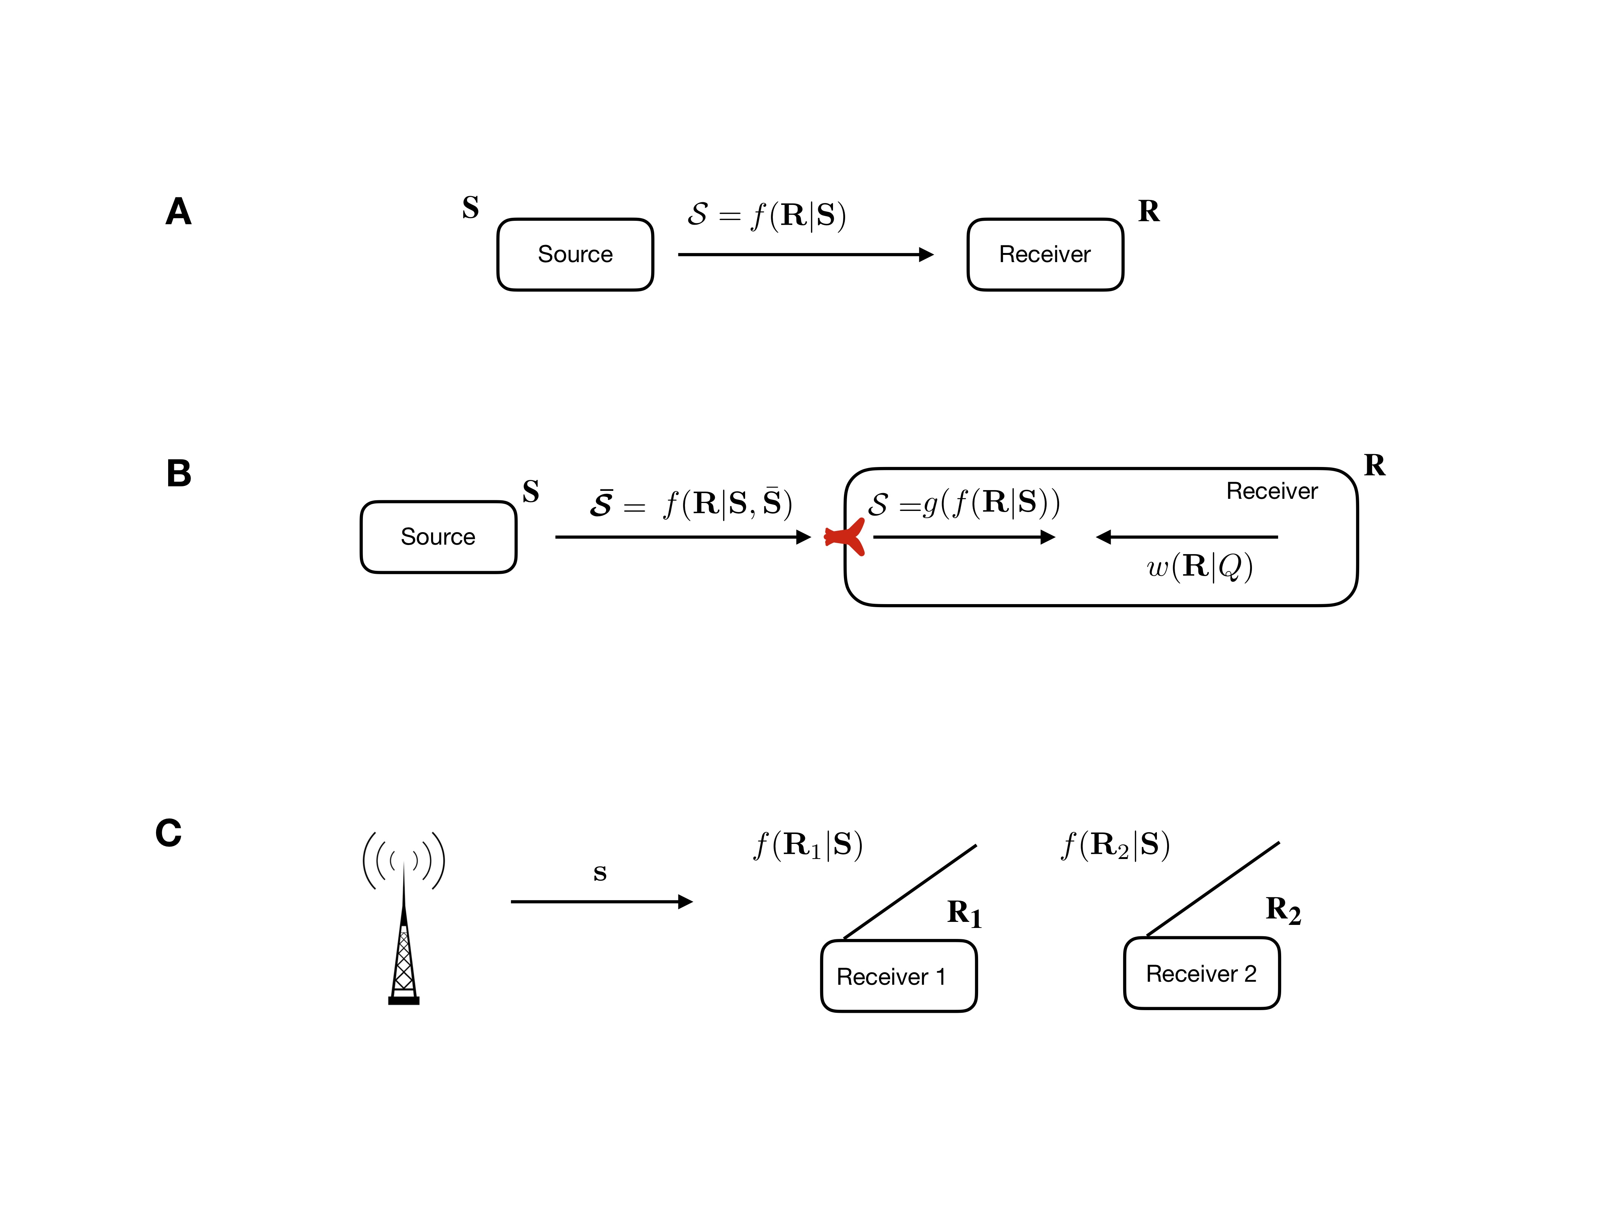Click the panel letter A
(x=178, y=212)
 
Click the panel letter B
(x=179, y=473)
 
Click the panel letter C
(x=169, y=833)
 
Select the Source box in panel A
(x=575, y=254)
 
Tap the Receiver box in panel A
(x=1045, y=254)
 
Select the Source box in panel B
(x=438, y=537)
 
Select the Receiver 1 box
(x=899, y=976)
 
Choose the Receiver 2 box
(x=1202, y=973)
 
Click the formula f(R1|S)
(x=808, y=845)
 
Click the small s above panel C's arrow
(x=600, y=873)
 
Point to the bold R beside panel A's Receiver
(x=1149, y=211)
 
